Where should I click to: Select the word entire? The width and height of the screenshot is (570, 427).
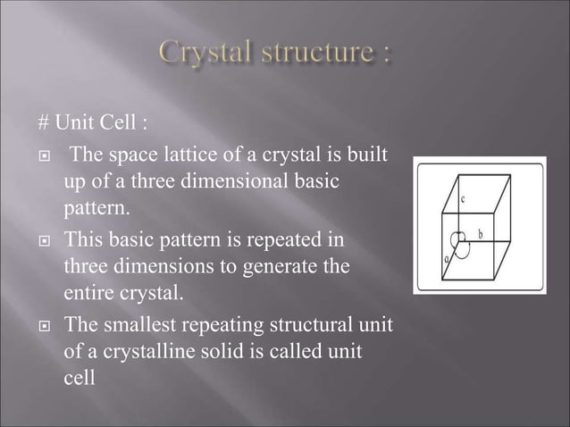[x=89, y=292]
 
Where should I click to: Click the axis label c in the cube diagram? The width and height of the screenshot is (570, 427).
[x=462, y=200]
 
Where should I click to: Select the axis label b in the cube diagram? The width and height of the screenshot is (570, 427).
[x=480, y=234]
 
